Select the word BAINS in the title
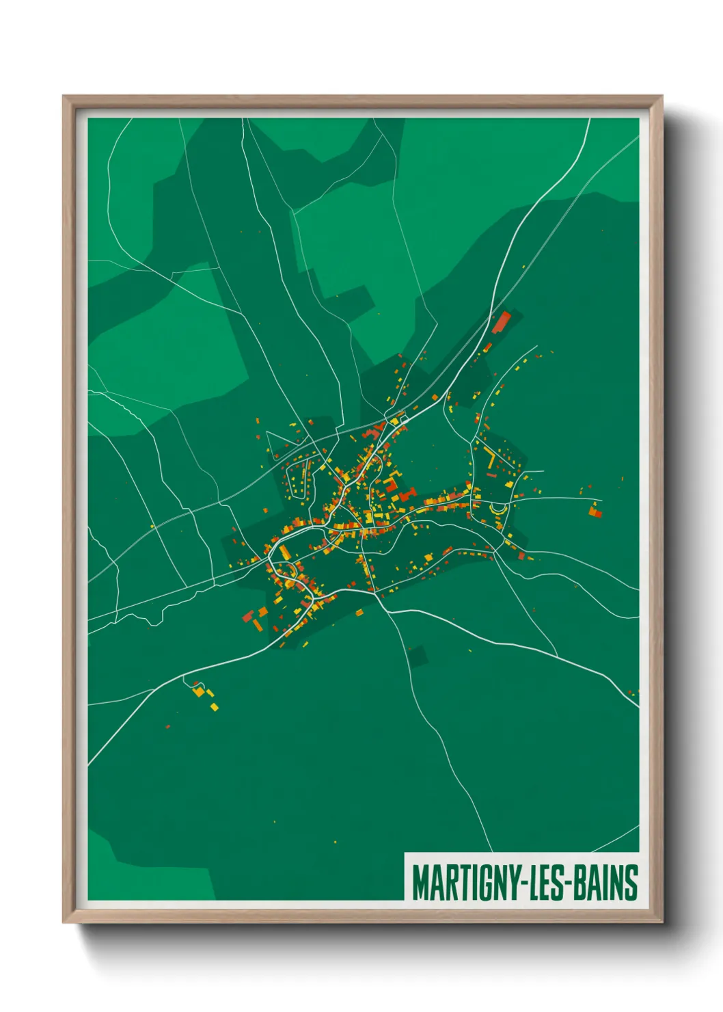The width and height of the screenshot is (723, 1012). pos(605,883)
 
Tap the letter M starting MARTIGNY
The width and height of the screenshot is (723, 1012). pos(418,883)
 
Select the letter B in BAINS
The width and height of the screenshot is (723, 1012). pos(577,883)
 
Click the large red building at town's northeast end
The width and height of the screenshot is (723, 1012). pos(502,321)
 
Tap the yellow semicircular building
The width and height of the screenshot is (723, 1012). pos(500,509)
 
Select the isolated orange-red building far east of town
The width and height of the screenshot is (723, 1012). pos(595,510)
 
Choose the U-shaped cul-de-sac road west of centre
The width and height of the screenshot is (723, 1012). pos(299,479)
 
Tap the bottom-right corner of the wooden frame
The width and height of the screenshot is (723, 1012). pos(661,921)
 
